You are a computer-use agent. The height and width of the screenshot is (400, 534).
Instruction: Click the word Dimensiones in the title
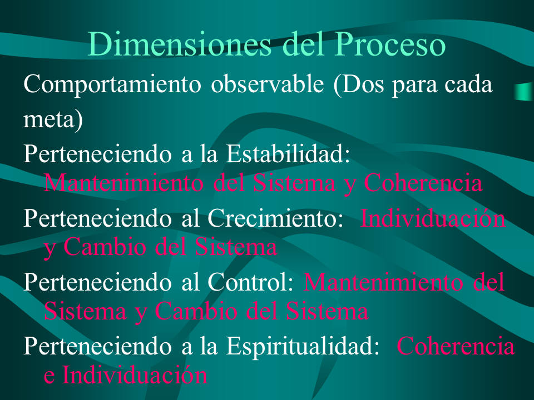click(x=180, y=44)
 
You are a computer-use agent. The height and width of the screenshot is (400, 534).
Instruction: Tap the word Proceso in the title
click(x=390, y=44)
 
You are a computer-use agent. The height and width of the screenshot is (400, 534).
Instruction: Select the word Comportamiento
click(x=112, y=84)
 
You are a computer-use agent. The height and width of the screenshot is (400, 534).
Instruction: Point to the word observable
click(x=268, y=84)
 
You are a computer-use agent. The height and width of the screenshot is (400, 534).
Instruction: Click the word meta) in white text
click(x=53, y=120)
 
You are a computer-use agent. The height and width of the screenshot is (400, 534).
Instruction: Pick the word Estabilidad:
click(x=288, y=153)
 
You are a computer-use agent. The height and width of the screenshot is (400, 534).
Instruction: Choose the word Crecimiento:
click(x=275, y=218)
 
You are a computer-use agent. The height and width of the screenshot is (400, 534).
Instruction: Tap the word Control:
click(x=250, y=282)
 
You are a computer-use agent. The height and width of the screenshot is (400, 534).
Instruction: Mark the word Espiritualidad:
click(x=303, y=346)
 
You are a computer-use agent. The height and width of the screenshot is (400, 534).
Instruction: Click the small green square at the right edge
click(x=525, y=92)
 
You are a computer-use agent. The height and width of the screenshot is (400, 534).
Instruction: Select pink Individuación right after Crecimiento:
click(x=433, y=218)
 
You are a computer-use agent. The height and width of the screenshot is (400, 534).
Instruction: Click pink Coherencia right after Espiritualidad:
click(x=456, y=346)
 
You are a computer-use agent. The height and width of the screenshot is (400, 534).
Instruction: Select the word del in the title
click(x=303, y=44)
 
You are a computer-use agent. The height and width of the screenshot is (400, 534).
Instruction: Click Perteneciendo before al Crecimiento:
click(x=97, y=218)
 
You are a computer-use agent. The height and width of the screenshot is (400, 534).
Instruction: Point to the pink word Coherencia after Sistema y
click(x=423, y=183)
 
